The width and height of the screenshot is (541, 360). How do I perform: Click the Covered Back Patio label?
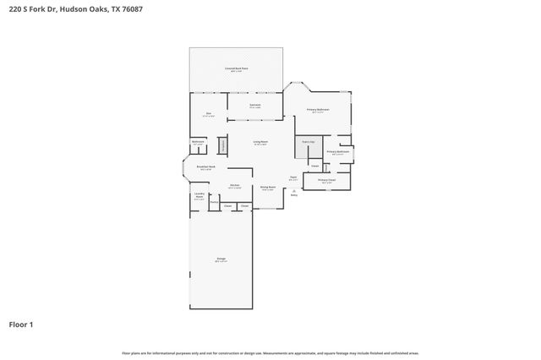pos(237,68)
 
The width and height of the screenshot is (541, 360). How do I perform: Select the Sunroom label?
pos(254,106)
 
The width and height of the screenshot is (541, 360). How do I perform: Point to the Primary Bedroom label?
pos(318,110)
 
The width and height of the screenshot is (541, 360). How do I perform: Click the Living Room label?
pos(260,142)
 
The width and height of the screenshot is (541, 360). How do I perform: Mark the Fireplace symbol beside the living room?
pos(223,145)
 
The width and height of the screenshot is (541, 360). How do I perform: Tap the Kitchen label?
pos(235,186)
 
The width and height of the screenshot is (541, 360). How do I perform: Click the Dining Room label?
pos(267,188)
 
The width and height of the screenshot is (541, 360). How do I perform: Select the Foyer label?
pos(292,178)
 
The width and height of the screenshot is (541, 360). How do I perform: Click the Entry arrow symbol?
pos(293,191)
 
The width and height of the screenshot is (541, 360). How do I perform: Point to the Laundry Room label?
pos(199,197)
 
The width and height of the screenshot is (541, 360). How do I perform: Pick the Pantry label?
pos(214,203)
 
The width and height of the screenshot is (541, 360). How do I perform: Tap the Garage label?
pos(221,260)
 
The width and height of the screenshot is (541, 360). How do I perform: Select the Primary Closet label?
pos(327,180)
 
